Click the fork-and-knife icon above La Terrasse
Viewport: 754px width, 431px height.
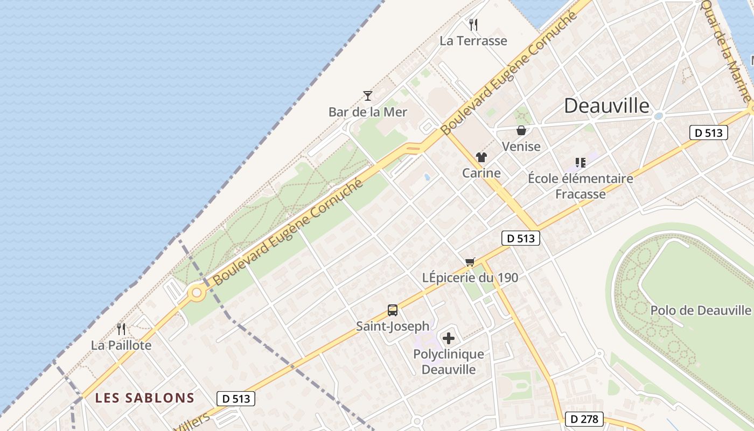point(473,24)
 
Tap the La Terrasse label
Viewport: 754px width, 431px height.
point(473,41)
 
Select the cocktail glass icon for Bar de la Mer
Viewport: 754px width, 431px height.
point(368,96)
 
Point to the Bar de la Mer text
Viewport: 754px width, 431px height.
point(368,112)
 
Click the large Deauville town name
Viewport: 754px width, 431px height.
point(606,106)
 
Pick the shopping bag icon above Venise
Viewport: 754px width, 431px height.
point(521,130)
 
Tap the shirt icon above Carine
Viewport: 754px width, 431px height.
point(481,157)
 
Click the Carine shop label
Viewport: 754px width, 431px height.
point(481,173)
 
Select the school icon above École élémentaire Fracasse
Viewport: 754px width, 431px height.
point(580,162)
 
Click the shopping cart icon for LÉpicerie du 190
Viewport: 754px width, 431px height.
point(470,262)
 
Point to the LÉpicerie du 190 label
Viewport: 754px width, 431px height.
point(470,277)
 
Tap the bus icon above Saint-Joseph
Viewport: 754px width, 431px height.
point(393,310)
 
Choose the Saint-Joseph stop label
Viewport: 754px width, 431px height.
point(393,326)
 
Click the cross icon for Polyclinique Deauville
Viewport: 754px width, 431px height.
point(448,338)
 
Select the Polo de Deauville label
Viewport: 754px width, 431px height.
point(700,310)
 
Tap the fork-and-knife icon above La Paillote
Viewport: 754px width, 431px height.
point(121,329)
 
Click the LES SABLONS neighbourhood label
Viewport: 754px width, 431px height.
point(144,398)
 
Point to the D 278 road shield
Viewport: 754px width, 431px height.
point(584,419)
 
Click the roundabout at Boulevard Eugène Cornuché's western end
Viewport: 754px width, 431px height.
point(197,293)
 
